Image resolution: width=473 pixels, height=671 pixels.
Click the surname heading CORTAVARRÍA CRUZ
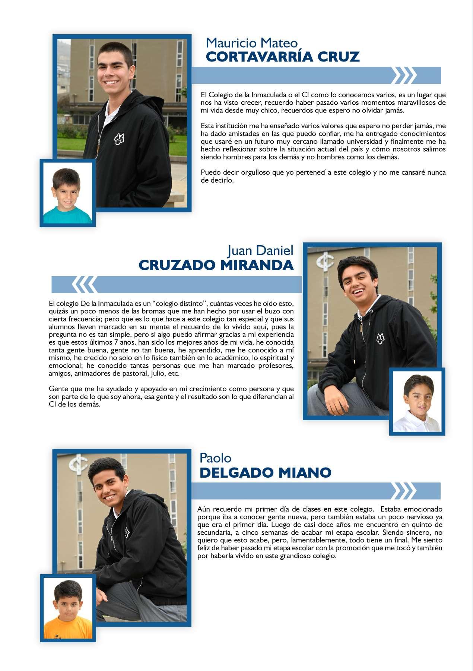(283, 57)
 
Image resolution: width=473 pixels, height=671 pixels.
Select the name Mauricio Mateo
(252, 43)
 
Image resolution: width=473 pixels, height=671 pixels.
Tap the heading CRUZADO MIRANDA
(216, 265)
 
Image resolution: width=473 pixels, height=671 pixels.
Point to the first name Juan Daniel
(260, 250)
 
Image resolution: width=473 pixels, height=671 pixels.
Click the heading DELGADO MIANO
(265, 473)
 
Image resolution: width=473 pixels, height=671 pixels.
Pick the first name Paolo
(215, 458)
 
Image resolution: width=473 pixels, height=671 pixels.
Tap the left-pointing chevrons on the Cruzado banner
(84, 285)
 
